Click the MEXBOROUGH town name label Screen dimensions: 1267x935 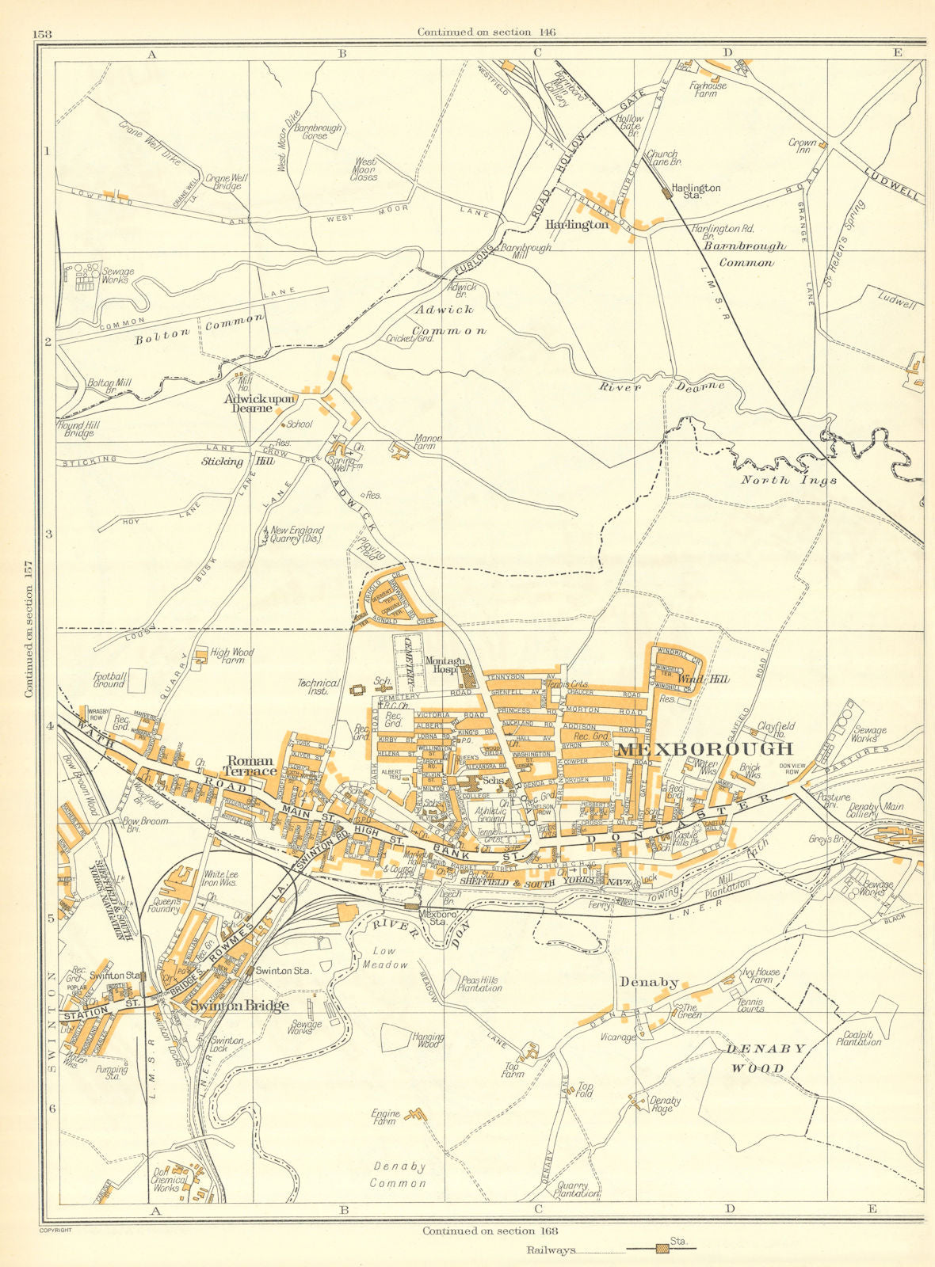click(x=704, y=749)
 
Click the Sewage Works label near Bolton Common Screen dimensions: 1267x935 click(x=116, y=276)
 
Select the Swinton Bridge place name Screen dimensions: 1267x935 click(x=239, y=1006)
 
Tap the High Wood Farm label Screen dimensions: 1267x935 click(x=232, y=656)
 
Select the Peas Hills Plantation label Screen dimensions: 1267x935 click(x=479, y=984)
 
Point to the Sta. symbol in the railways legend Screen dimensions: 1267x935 click(x=661, y=1250)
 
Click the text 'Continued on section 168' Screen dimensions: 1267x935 click(x=490, y=1231)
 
